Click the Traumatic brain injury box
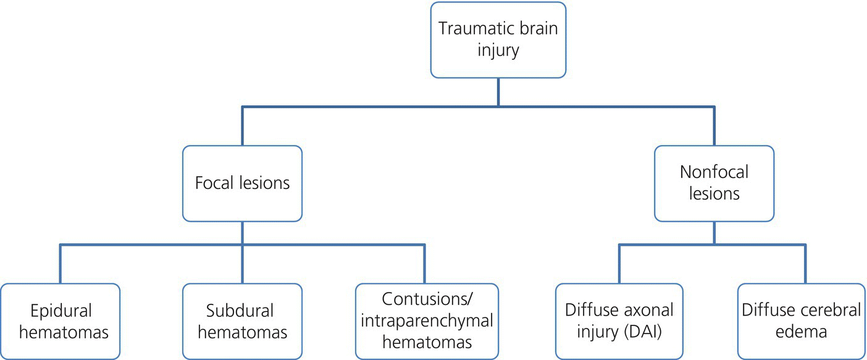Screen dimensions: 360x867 (x=498, y=40)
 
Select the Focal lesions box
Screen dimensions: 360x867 (x=242, y=183)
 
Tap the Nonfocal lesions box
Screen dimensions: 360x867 (x=714, y=183)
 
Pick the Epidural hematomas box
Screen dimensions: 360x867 (x=60, y=321)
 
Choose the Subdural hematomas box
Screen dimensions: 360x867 (x=242, y=321)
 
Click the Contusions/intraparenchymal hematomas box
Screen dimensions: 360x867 (x=427, y=321)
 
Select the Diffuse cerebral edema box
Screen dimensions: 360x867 (x=802, y=321)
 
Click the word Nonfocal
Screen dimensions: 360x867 (x=714, y=172)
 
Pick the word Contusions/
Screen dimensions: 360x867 (x=427, y=299)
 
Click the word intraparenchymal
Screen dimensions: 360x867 (x=427, y=320)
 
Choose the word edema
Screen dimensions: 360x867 (x=802, y=332)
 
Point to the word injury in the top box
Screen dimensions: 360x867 (x=498, y=50)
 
